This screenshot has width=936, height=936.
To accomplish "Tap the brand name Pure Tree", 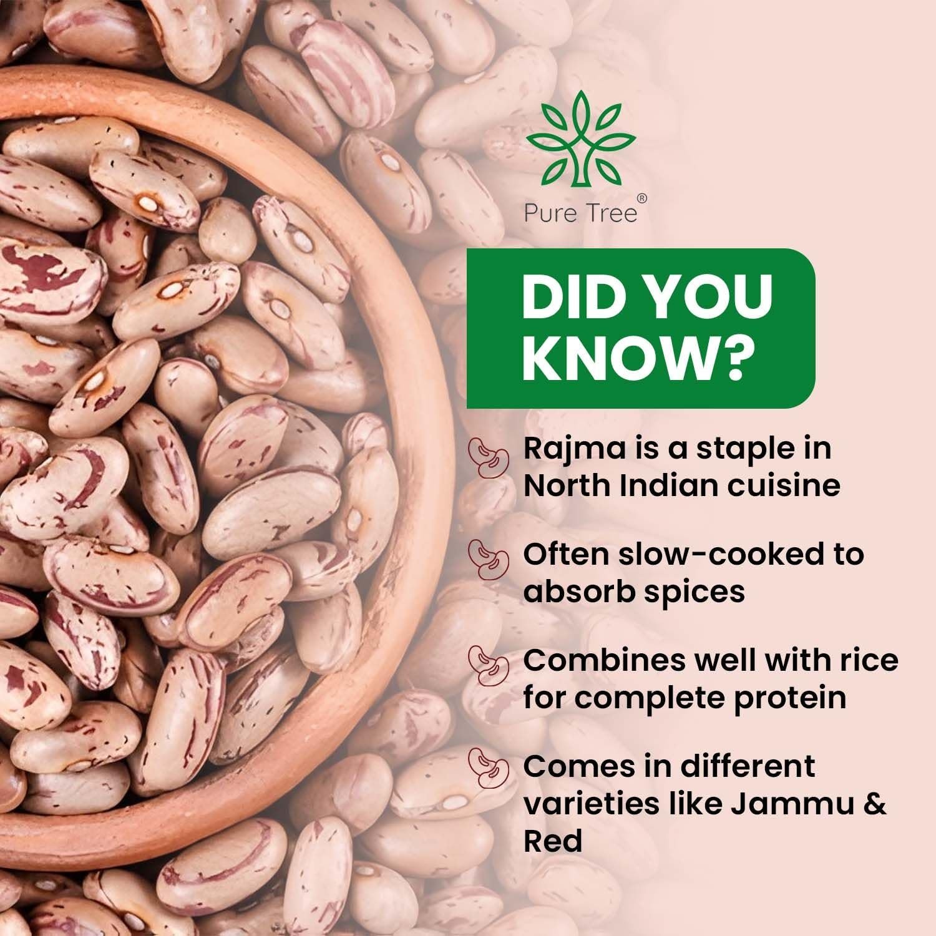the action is (x=580, y=213).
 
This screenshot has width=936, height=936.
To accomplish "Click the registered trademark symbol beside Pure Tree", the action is (x=643, y=198).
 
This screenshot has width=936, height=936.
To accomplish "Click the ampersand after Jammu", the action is (x=875, y=804).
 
